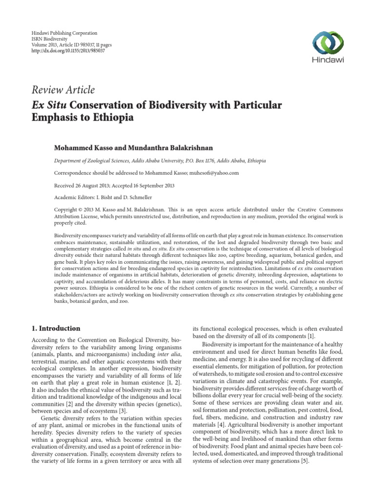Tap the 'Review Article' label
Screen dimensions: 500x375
coord(63,89)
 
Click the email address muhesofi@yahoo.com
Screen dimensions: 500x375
coord(214,173)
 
